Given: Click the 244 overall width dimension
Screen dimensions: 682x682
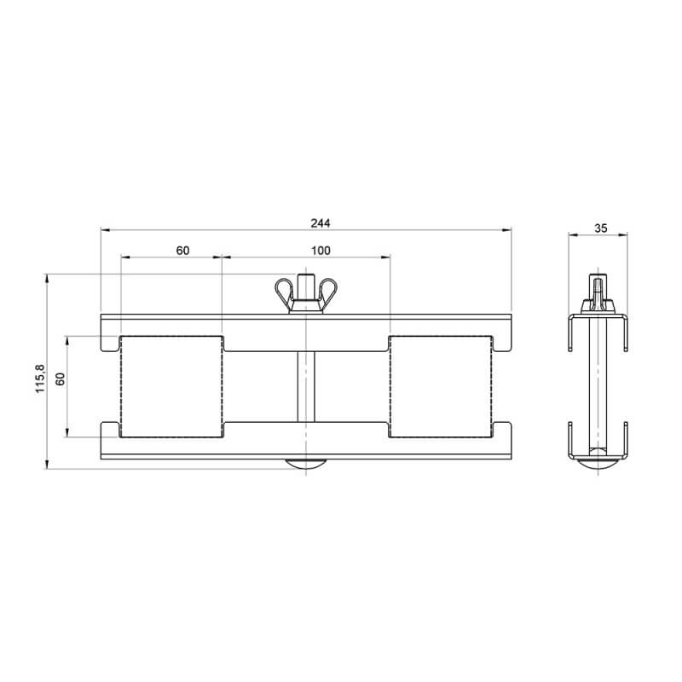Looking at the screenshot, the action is coord(321,223).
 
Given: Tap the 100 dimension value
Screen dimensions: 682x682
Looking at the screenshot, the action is coord(321,251).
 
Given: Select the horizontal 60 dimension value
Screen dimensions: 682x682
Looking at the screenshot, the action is coord(182,251).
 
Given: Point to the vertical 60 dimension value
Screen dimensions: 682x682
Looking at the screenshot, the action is coord(61,379).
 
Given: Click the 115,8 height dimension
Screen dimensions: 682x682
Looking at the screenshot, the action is coord(40,379).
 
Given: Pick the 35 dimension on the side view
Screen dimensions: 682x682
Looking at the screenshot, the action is coord(601,228).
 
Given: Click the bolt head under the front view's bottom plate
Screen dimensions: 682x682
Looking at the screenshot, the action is coord(306,464).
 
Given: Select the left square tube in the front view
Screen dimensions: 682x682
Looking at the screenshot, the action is coord(172,386).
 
